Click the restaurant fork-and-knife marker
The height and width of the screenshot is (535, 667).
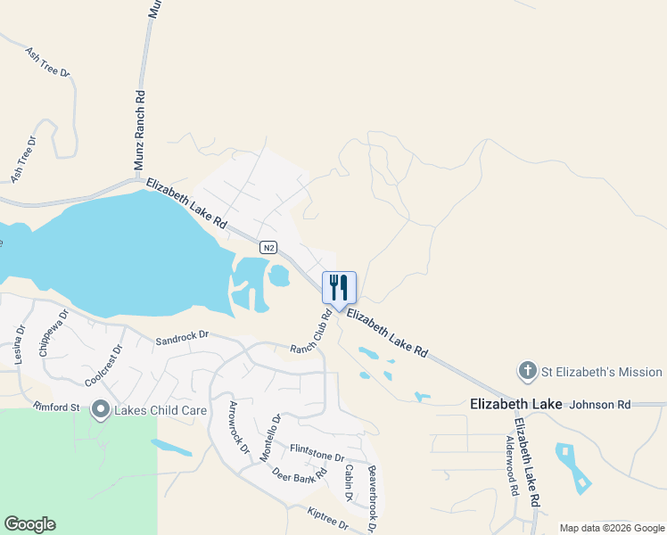pos(339,288)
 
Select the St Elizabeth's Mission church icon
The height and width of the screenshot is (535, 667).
pos(526,371)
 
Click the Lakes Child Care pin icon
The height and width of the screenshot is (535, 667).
pos(100,411)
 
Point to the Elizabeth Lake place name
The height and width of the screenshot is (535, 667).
pos(515,404)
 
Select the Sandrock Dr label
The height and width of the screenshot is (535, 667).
pos(181,338)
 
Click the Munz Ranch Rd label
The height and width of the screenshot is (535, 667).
pos(139,130)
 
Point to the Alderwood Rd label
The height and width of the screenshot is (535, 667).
pos(511,465)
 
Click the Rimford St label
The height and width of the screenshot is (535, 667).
pos(57,408)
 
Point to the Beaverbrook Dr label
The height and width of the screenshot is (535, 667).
pos(372,499)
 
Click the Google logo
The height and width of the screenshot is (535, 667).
pos(29,524)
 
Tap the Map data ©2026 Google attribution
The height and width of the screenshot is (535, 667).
pos(612,528)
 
